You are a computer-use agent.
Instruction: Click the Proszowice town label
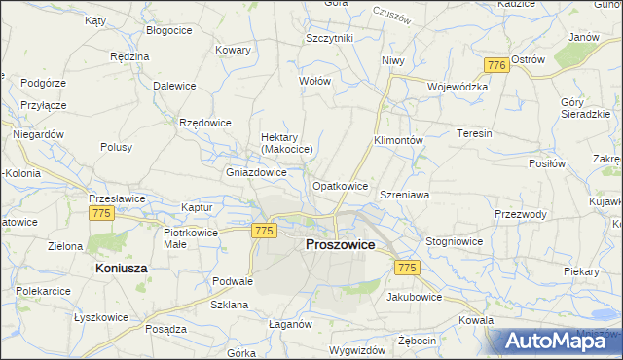click(340, 244)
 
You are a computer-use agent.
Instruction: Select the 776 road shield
click(495, 64)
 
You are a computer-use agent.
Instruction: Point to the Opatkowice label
click(340, 185)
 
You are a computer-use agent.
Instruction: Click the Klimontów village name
click(398, 140)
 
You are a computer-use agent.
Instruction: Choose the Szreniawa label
click(405, 195)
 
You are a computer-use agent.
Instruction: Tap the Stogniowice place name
click(455, 240)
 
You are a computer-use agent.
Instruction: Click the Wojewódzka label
click(457, 86)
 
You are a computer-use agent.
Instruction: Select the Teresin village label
click(474, 133)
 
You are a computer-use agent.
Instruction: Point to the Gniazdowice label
click(256, 172)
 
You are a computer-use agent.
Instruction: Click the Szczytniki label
click(329, 38)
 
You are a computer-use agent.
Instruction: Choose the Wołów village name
click(314, 81)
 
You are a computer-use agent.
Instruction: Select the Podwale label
click(233, 281)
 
